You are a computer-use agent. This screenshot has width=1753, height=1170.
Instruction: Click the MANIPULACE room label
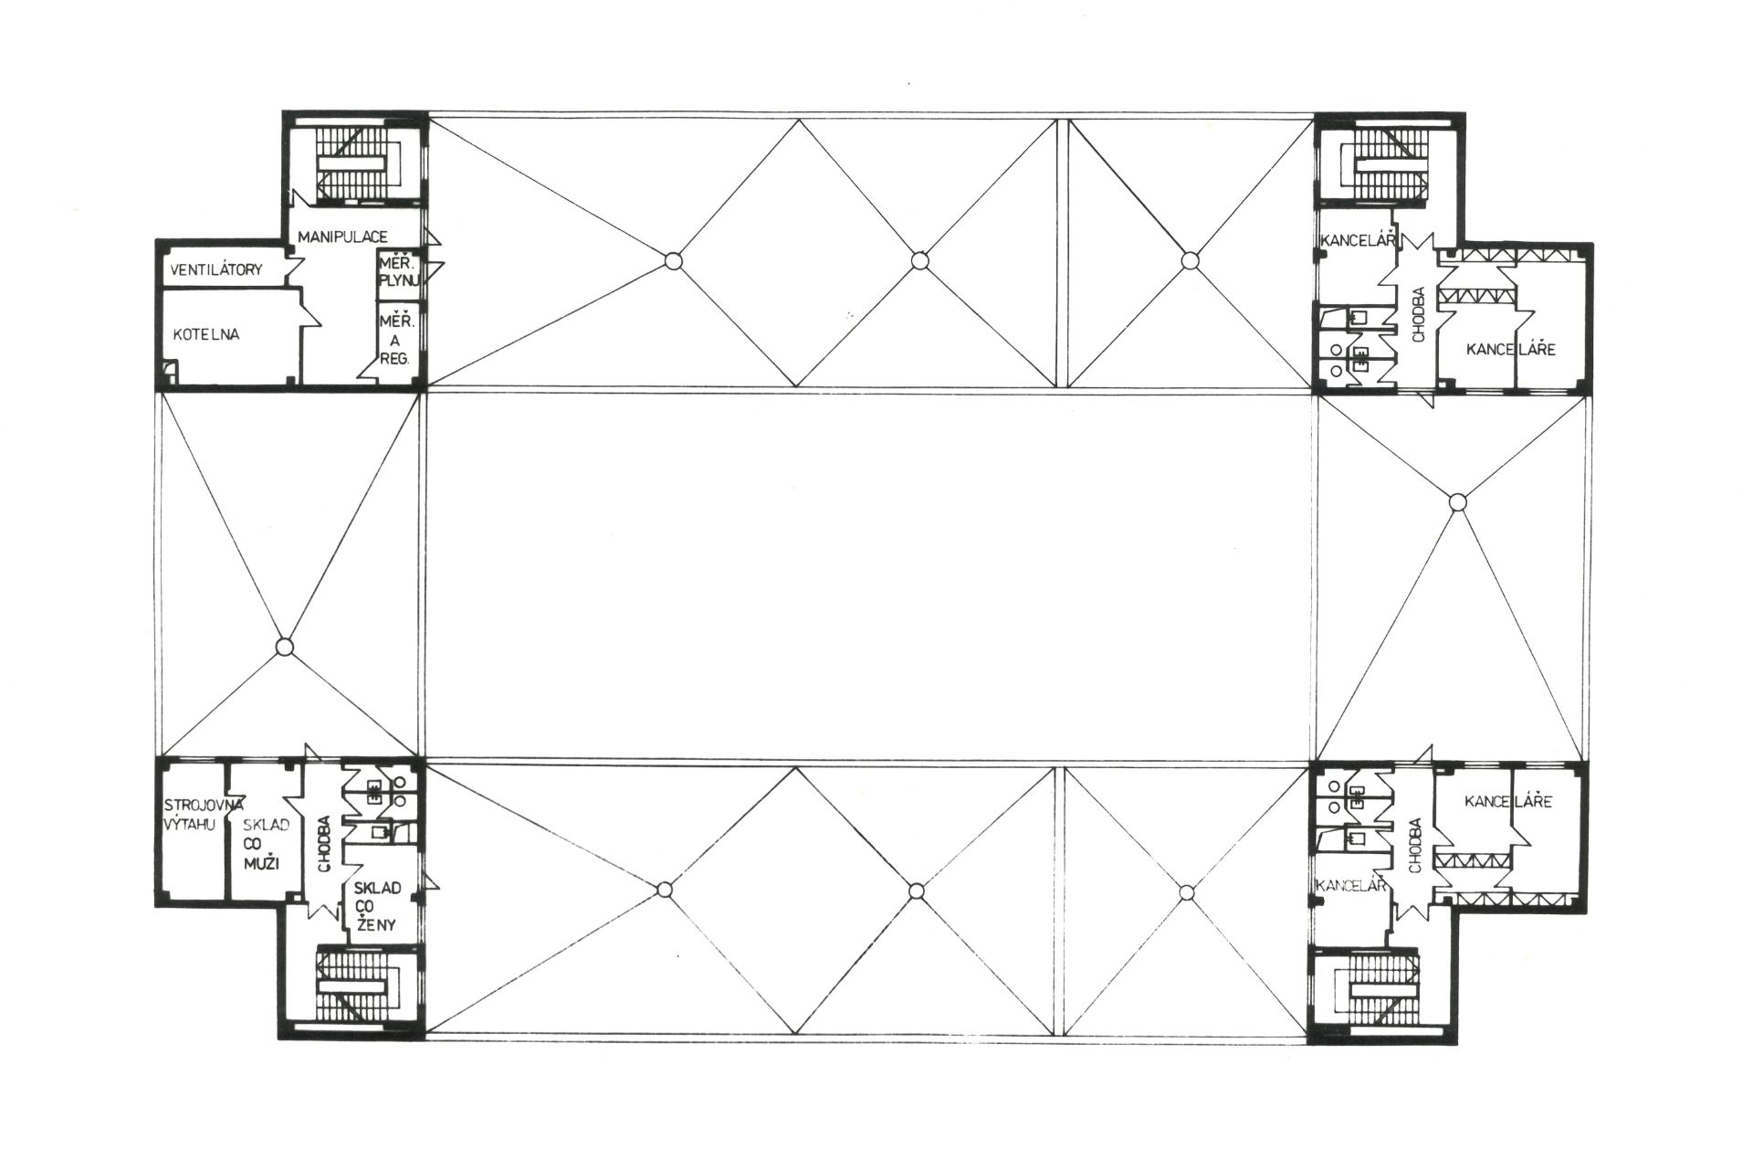(x=342, y=237)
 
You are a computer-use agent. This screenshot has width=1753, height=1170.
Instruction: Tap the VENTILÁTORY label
(x=217, y=269)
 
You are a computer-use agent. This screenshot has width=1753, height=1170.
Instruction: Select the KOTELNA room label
(x=206, y=334)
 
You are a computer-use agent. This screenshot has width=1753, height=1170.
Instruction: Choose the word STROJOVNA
(x=204, y=805)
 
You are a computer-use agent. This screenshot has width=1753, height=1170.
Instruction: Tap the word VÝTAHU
(x=190, y=825)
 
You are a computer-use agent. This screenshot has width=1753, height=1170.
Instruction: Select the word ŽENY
(x=375, y=924)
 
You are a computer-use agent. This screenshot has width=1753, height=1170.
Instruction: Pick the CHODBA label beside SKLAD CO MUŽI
(x=323, y=845)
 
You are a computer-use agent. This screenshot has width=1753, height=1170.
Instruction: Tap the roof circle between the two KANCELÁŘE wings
(x=1458, y=501)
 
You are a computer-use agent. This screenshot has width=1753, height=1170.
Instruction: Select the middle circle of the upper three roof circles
(x=919, y=261)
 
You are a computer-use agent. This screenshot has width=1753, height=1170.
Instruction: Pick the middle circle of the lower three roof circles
(x=916, y=891)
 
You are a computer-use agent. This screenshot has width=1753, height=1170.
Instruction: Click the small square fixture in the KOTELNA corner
(x=170, y=372)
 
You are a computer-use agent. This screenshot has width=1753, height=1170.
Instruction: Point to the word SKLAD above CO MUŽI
(x=267, y=825)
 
